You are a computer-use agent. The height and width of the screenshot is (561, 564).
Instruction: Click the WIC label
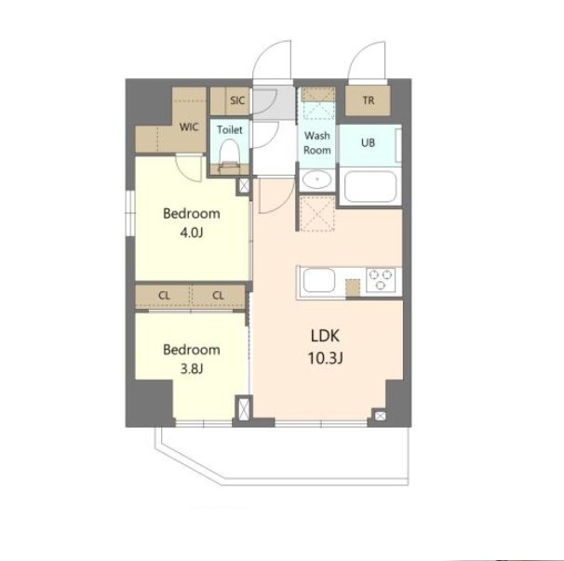click(189, 127)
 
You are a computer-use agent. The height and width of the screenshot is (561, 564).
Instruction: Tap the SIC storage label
click(237, 100)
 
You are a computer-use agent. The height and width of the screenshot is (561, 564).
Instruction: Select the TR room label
click(369, 100)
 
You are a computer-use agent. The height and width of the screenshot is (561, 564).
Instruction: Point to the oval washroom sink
click(316, 180)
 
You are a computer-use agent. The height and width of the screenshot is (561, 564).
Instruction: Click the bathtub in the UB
click(370, 187)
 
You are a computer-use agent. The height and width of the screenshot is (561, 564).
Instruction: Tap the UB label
click(368, 142)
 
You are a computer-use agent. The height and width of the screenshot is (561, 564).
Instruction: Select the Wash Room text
click(316, 142)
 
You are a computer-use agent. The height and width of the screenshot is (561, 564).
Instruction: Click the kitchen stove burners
click(381, 279)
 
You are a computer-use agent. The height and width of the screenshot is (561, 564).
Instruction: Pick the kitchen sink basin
click(319, 280)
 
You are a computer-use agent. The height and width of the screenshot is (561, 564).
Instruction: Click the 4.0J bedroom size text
click(192, 233)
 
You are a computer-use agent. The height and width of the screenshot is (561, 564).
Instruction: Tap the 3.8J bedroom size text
click(192, 369)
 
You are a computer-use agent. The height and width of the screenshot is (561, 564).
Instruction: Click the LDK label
click(325, 336)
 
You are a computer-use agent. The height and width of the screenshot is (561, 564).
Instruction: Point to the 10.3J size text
click(325, 358)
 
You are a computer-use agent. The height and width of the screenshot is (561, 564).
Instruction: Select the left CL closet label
click(164, 296)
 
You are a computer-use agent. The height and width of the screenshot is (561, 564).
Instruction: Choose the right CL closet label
click(219, 296)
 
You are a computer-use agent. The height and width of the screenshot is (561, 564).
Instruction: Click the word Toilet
click(230, 129)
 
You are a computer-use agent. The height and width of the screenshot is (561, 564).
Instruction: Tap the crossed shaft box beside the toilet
click(244, 186)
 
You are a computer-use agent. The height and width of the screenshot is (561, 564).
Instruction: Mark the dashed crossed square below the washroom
click(317, 214)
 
